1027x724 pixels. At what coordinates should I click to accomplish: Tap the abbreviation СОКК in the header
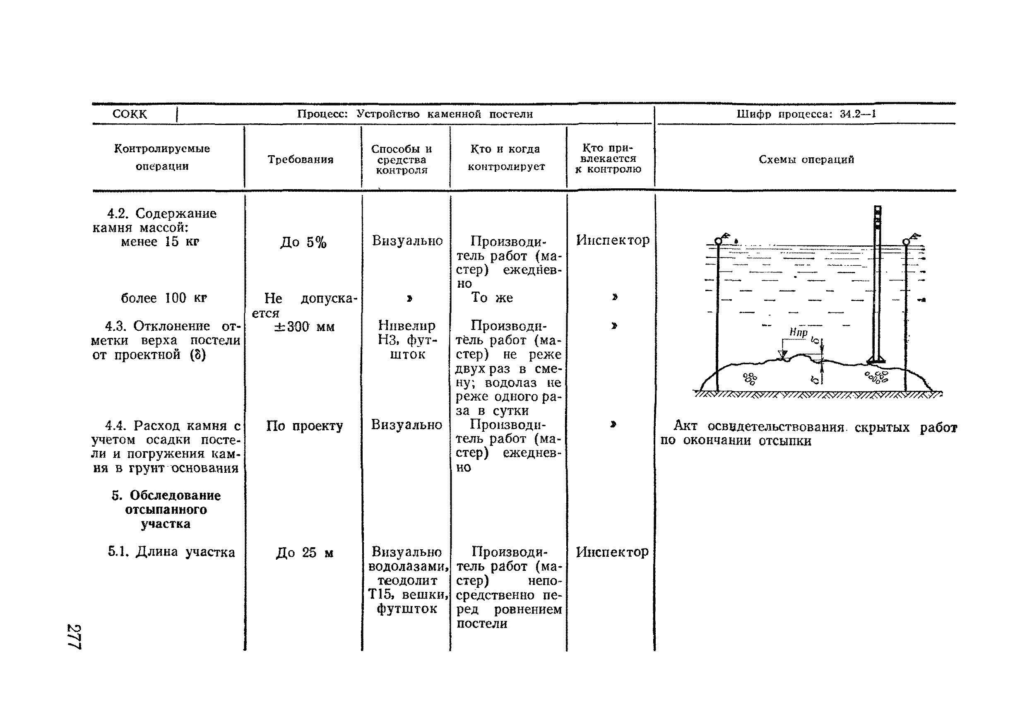129,114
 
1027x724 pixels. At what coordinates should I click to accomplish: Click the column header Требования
301,160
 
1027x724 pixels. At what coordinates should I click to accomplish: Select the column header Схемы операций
806,160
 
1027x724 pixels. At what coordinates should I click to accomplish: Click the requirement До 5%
303,243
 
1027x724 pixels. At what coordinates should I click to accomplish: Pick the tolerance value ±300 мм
304,327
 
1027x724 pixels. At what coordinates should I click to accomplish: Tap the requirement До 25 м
304,553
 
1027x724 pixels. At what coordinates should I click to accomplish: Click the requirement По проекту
304,426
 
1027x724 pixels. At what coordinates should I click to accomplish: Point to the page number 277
73,636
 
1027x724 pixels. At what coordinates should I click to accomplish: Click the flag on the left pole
726,236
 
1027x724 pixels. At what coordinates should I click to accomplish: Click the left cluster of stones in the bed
750,378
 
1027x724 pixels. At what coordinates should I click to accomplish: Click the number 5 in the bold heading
116,495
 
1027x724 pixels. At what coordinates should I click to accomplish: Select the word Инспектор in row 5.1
612,552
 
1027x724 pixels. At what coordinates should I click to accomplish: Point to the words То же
492,298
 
